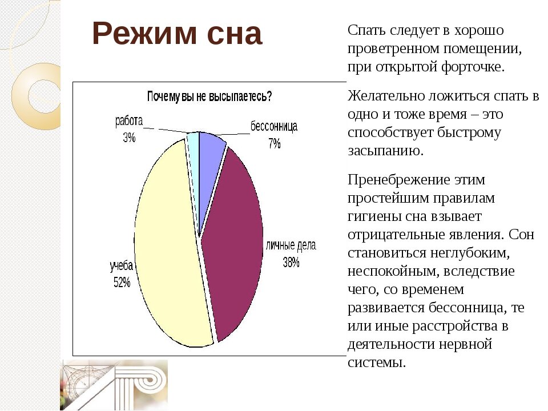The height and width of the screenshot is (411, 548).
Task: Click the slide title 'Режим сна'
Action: [x=176, y=34]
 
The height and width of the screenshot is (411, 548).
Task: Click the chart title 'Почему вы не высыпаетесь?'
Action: [x=209, y=96]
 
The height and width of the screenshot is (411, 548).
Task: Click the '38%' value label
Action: [x=291, y=263]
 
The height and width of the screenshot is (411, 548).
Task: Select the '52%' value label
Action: [x=122, y=281]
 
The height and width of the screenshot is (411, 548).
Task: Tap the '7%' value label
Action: [x=275, y=143]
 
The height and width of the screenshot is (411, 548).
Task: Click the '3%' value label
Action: [x=128, y=137]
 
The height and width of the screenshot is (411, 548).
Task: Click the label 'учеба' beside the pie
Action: [x=122, y=266]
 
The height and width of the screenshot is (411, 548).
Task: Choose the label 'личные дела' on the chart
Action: [x=291, y=246]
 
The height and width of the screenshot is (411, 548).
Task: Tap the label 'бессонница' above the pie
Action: [x=274, y=127]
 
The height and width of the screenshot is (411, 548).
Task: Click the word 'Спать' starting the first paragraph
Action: [x=364, y=30]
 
